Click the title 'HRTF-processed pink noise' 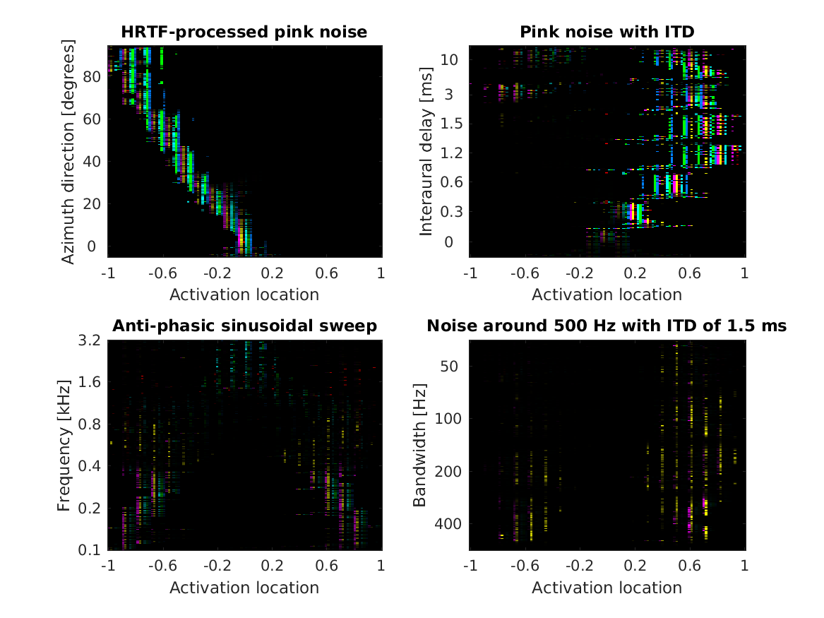244,32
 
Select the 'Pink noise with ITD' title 607,32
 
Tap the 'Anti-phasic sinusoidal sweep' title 244,326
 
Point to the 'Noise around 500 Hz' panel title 607,326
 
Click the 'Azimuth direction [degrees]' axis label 68,151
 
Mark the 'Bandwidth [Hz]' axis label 419,445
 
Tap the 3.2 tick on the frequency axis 91,340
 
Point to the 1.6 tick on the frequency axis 91,382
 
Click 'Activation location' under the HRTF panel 244,293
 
